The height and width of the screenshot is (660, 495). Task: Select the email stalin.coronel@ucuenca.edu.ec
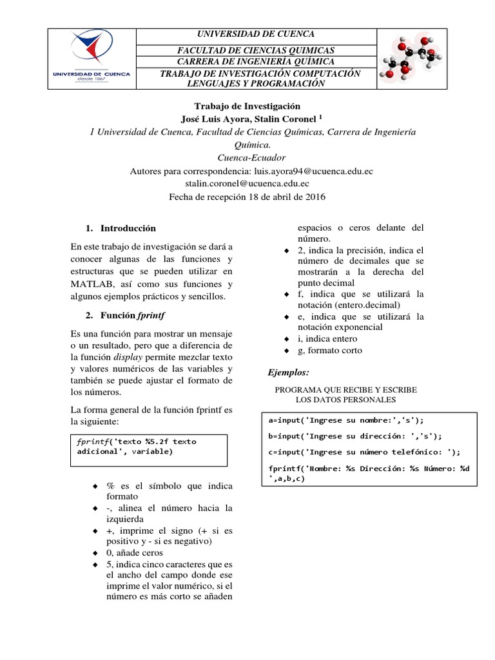247,184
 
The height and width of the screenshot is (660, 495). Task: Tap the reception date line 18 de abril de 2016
247,197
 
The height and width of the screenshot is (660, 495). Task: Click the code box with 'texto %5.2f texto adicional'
148,449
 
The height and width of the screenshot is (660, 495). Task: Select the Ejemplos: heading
289,373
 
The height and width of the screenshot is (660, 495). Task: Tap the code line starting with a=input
345,420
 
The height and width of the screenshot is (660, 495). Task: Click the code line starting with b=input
354,436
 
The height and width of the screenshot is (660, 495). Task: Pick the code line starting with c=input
364,452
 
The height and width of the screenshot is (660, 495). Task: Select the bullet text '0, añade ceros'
136,553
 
